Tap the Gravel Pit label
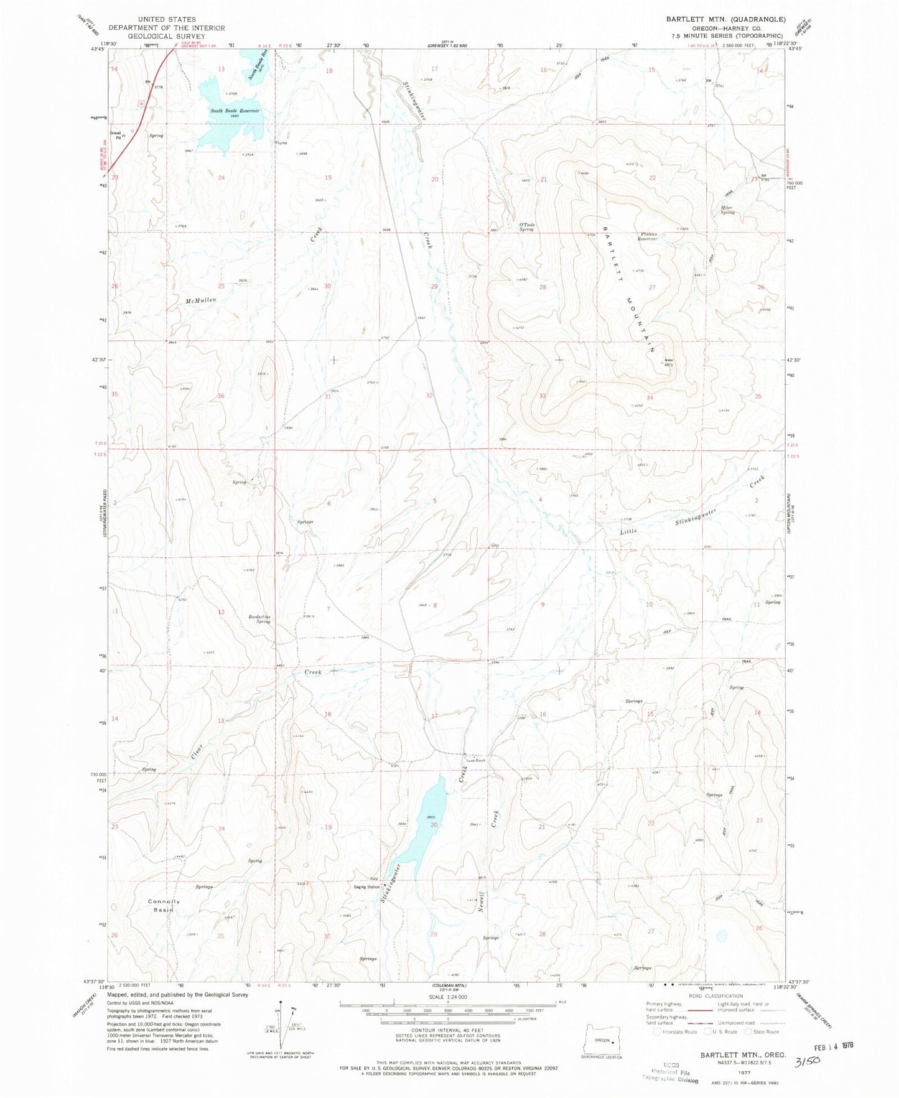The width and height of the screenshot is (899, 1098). click(x=116, y=134)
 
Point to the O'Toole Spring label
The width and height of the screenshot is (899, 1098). click(x=527, y=227)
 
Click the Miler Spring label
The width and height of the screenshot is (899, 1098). click(x=727, y=210)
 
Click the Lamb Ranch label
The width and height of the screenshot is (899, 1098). click(x=476, y=760)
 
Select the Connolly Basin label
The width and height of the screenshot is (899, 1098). click(x=164, y=905)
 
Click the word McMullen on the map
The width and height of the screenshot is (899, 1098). click(x=200, y=300)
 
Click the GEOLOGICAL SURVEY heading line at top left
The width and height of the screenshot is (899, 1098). click(x=167, y=36)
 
